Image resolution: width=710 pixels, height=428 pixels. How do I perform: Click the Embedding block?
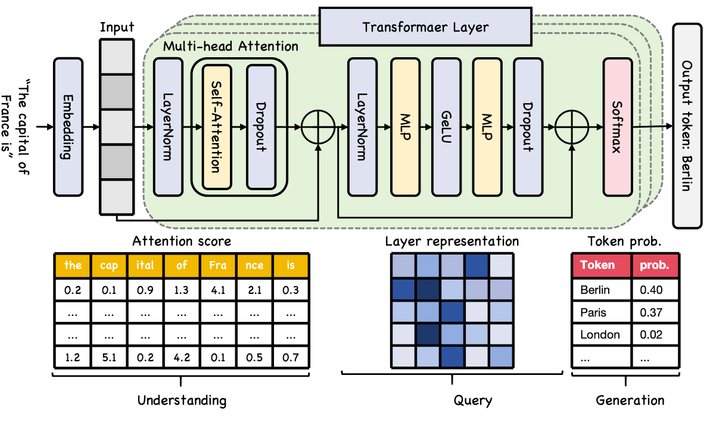(68, 126)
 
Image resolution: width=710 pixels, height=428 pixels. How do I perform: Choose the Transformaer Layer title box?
(425, 27)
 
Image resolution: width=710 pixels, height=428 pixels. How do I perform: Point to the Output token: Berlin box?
(686, 126)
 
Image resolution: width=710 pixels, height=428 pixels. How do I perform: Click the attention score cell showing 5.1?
(109, 357)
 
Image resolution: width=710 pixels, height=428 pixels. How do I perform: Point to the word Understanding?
(181, 400)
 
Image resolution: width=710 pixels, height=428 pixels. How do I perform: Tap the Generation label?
(630, 400)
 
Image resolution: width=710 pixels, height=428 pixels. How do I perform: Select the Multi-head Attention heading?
(231, 46)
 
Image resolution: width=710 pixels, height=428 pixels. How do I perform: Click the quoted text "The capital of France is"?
(14, 126)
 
